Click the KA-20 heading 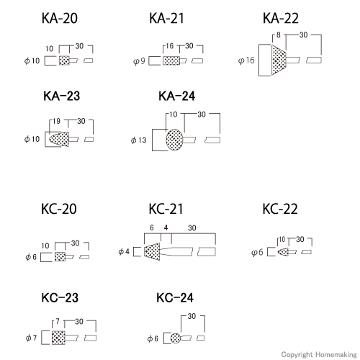tap(60, 18)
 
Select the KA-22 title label tap(281, 18)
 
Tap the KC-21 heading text tap(166, 209)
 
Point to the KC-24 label tap(175, 297)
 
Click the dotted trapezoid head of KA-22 tap(279, 60)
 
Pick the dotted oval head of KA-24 tap(174, 140)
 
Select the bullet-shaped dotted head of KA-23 tap(59, 139)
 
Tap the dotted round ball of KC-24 tap(176, 338)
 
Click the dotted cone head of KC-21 tap(152, 251)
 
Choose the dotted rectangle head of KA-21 tap(171, 60)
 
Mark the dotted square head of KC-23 tap(58, 338)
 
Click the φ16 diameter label tap(246, 60)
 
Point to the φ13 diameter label tap(138, 140)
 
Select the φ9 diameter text tap(139, 61)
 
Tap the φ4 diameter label tap(124, 251)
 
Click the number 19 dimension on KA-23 tap(56, 121)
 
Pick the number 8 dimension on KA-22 tap(278, 35)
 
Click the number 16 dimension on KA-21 tap(169, 46)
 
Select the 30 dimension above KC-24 tap(192, 316)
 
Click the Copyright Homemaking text tap(319, 354)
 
